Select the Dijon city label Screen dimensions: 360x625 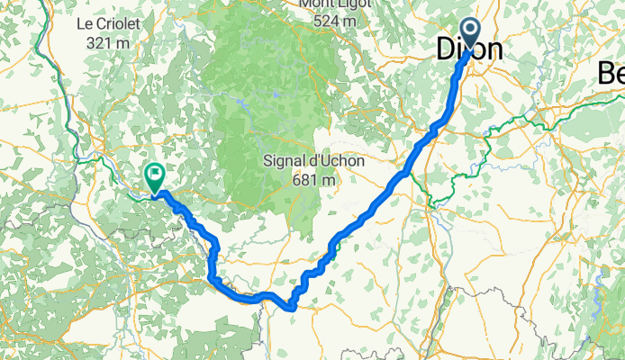click(x=469, y=50)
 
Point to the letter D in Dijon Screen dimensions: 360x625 click(x=446, y=50)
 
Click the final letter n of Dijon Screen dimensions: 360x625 click(x=494, y=51)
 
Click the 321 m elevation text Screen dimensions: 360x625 click(x=106, y=41)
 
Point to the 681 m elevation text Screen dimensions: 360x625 click(x=314, y=179)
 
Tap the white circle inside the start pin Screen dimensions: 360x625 click(x=471, y=28)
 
